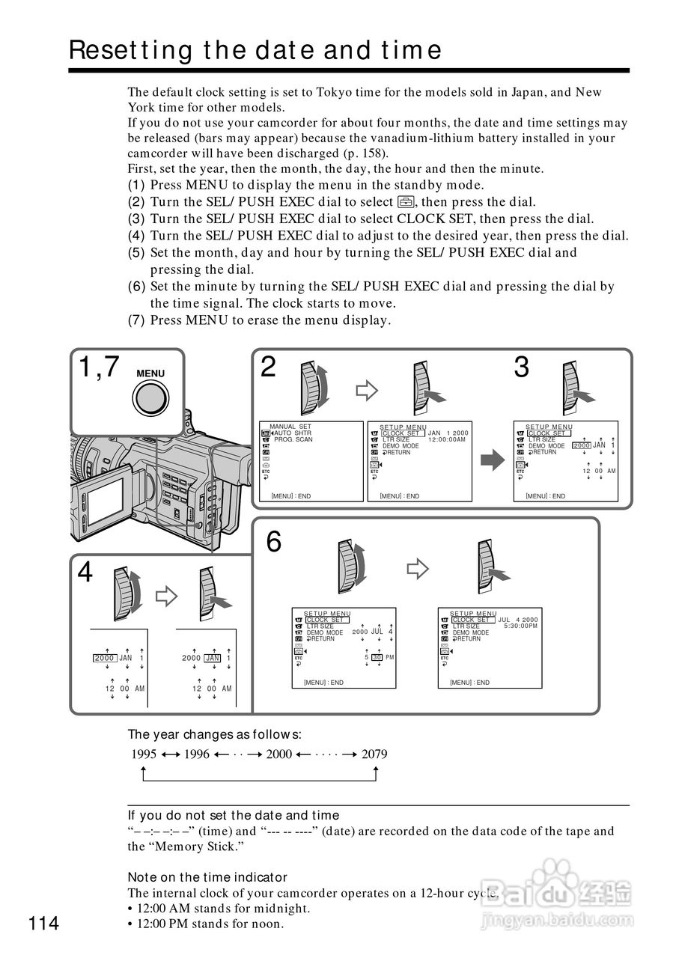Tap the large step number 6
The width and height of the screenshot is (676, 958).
point(274,542)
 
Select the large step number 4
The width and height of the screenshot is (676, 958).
point(85,573)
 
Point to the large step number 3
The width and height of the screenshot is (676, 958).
point(521,367)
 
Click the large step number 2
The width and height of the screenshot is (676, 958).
point(268,367)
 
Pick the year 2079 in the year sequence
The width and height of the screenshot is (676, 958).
point(374,754)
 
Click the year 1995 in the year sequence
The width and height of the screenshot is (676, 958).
point(144,754)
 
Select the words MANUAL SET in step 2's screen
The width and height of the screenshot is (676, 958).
point(290,427)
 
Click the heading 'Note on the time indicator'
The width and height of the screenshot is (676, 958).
point(207,876)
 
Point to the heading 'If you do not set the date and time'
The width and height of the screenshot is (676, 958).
point(233,815)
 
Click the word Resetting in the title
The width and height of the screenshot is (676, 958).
point(131,50)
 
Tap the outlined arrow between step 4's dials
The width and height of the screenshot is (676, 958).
point(165,596)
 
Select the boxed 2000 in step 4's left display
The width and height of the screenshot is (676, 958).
point(104,658)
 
